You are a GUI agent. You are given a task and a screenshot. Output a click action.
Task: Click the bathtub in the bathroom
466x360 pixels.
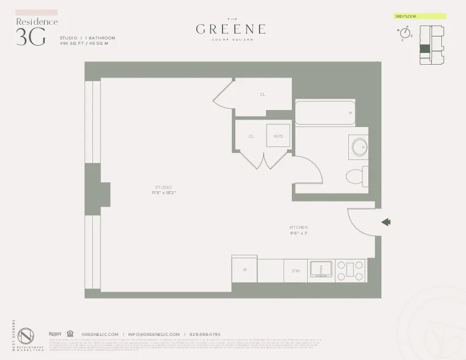click(x=325, y=112)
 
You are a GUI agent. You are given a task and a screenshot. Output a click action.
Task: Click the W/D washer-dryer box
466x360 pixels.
click(x=278, y=136)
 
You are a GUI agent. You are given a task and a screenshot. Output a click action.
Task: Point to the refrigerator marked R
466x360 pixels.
click(x=244, y=270)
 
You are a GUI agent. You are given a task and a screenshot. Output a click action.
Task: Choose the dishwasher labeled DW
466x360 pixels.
click(x=296, y=270)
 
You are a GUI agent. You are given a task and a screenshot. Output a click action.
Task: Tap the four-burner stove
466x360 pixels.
click(x=351, y=270)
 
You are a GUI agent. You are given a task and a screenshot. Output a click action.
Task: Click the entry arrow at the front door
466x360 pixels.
click(x=386, y=222)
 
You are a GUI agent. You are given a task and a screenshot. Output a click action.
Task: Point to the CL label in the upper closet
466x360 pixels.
click(x=262, y=94)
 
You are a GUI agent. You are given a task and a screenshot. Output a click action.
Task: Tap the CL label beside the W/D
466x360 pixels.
click(x=251, y=136)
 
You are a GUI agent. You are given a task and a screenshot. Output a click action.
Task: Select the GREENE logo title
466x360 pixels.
click(x=230, y=29)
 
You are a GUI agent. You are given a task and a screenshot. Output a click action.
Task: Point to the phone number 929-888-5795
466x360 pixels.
click(x=205, y=334)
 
